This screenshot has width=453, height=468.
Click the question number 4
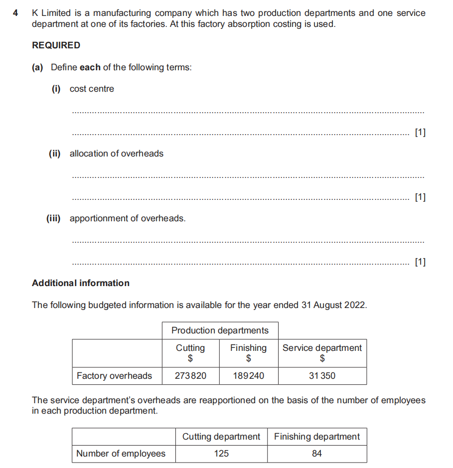[16, 13]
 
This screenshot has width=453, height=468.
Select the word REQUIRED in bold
[56, 45]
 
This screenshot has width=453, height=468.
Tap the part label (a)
[38, 67]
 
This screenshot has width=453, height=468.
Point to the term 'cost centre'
[92, 89]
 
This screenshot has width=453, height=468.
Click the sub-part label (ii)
[54, 154]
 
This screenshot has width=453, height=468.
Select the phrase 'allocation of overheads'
[116, 154]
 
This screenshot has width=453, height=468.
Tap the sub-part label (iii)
[53, 218]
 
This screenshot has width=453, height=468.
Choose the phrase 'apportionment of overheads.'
[127, 218]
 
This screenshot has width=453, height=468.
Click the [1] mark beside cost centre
[420, 133]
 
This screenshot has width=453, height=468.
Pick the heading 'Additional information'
[81, 283]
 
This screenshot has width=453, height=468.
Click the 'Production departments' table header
[220, 330]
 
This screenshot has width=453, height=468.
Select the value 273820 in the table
[190, 376]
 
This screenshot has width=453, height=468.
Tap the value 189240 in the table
[248, 376]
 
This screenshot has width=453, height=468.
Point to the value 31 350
[322, 376]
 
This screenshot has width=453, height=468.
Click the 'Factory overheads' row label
[114, 376]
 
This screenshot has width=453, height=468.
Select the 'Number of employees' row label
[121, 454]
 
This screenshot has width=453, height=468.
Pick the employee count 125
[221, 454]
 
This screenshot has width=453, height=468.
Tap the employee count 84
[316, 454]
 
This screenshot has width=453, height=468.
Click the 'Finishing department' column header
[316, 437]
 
